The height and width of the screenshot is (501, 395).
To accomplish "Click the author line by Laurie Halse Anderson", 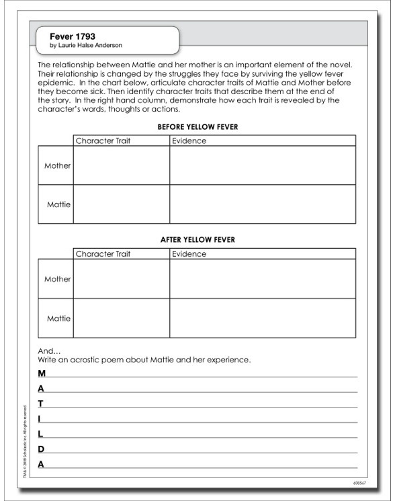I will [86, 46].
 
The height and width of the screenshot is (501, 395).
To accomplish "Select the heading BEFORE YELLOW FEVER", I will [197, 126].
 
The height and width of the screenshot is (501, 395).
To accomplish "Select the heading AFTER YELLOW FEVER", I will [197, 239].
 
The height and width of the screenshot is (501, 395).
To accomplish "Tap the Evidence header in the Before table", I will [189, 141].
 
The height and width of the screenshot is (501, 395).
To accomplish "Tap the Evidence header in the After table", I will [189, 254].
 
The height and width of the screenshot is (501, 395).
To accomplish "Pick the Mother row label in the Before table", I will [57, 165].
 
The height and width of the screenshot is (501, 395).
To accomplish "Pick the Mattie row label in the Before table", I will [58, 204].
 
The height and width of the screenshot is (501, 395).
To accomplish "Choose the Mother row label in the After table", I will [57, 279].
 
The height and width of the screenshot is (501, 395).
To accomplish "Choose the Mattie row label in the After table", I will [58, 318].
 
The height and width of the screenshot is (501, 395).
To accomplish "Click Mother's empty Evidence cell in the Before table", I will [262, 165].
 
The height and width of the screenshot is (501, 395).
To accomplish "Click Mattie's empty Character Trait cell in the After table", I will [122, 318].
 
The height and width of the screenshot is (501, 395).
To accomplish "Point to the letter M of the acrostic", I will [42, 373].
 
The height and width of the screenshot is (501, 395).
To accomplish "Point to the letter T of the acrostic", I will [41, 403].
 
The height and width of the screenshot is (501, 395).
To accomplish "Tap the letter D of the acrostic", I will [41, 449].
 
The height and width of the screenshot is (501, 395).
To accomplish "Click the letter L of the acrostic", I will [40, 434].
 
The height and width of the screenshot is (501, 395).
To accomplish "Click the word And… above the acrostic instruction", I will [49, 351].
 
